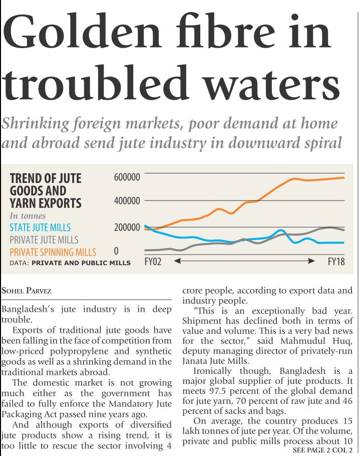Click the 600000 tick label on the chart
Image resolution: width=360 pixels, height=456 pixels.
tap(127, 177)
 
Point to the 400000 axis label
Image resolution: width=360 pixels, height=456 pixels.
tap(127, 201)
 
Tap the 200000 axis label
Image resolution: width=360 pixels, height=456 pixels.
tap(127, 227)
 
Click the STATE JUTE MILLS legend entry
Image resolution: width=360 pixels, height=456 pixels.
tap(40, 228)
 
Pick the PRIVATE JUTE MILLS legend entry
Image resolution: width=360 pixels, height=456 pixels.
tap(44, 240)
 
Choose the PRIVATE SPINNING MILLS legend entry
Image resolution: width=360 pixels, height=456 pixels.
tap(53, 252)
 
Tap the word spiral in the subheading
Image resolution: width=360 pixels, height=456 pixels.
tap(319, 143)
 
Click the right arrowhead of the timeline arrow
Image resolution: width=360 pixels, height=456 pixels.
tap(312, 261)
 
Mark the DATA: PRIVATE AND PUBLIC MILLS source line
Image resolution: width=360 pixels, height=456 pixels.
tap(70, 263)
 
